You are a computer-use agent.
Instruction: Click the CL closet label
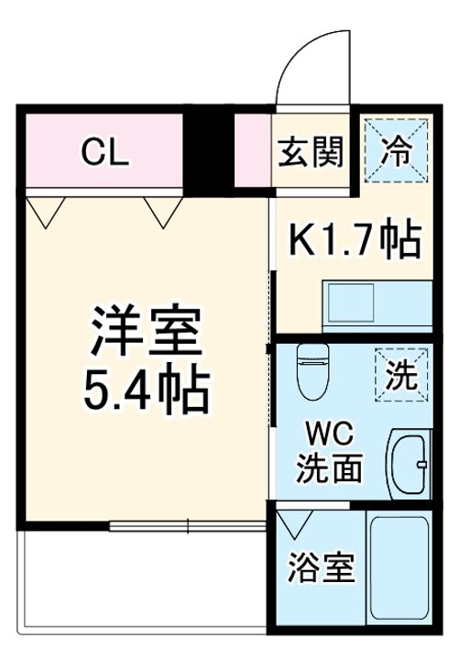(104, 151)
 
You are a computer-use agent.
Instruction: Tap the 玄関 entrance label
(311, 151)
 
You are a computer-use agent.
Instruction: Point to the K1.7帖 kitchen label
(355, 240)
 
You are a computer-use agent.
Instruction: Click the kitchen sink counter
(376, 302)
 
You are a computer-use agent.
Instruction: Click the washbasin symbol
(410, 463)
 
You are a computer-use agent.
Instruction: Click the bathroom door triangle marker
(295, 525)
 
